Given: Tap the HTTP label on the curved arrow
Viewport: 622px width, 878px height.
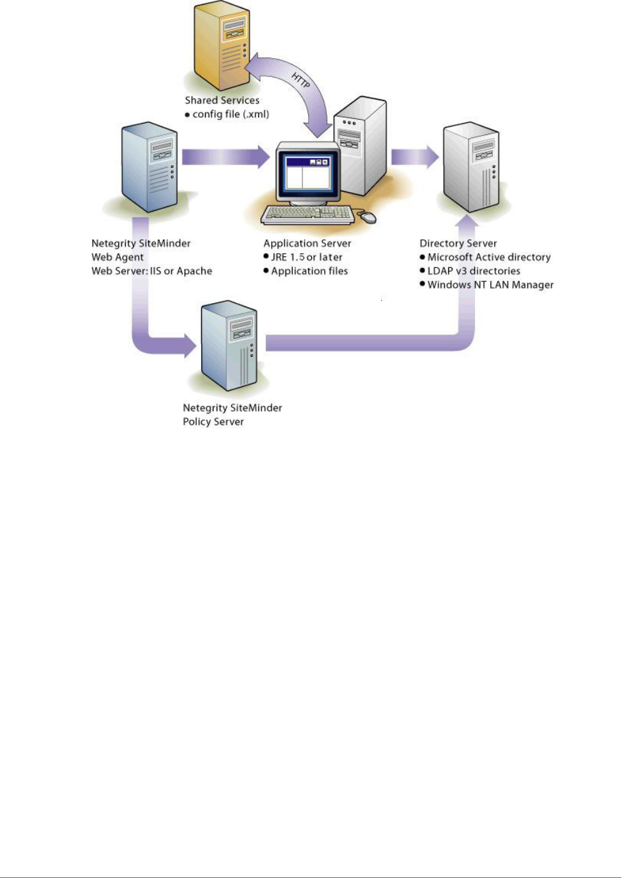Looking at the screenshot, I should [301, 81].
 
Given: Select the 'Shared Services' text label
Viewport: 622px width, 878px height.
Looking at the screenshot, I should [222, 100].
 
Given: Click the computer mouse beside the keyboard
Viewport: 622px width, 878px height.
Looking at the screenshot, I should [367, 217].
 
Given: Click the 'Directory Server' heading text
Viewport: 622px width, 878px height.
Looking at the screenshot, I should [458, 244].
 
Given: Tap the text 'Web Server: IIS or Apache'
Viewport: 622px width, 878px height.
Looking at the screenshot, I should [152, 271].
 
